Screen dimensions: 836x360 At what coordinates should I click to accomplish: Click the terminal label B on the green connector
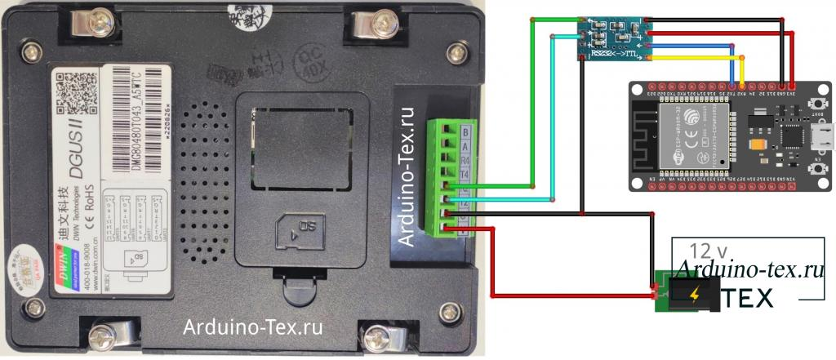[x=465, y=131]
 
